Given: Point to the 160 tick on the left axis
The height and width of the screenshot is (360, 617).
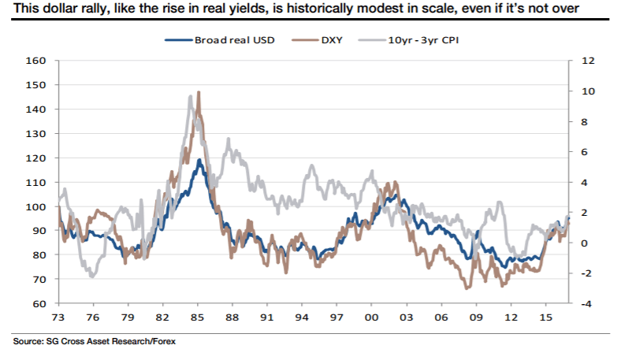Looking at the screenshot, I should pyautogui.click(x=39, y=61).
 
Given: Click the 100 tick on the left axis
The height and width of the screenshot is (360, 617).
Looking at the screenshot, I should pyautogui.click(x=39, y=206).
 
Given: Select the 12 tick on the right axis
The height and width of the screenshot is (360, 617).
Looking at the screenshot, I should pyautogui.click(x=587, y=61).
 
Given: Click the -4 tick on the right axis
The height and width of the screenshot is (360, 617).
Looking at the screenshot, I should pyautogui.click(x=587, y=304).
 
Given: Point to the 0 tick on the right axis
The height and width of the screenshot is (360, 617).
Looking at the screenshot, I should pyautogui.click(x=585, y=243).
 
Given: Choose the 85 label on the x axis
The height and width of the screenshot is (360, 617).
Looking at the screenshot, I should pyautogui.click(x=197, y=317).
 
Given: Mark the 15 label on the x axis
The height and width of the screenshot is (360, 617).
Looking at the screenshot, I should pyautogui.click(x=544, y=317).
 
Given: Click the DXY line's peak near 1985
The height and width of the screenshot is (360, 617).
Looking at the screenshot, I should pyautogui.click(x=199, y=92).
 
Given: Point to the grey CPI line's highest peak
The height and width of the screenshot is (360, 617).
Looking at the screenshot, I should pyautogui.click(x=191, y=96).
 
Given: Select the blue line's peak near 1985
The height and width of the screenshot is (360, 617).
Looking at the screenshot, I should pyautogui.click(x=200, y=160).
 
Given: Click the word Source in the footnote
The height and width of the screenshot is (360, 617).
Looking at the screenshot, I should pyautogui.click(x=26, y=342).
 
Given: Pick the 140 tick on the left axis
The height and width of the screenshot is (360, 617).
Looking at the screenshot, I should pyautogui.click(x=39, y=109).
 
